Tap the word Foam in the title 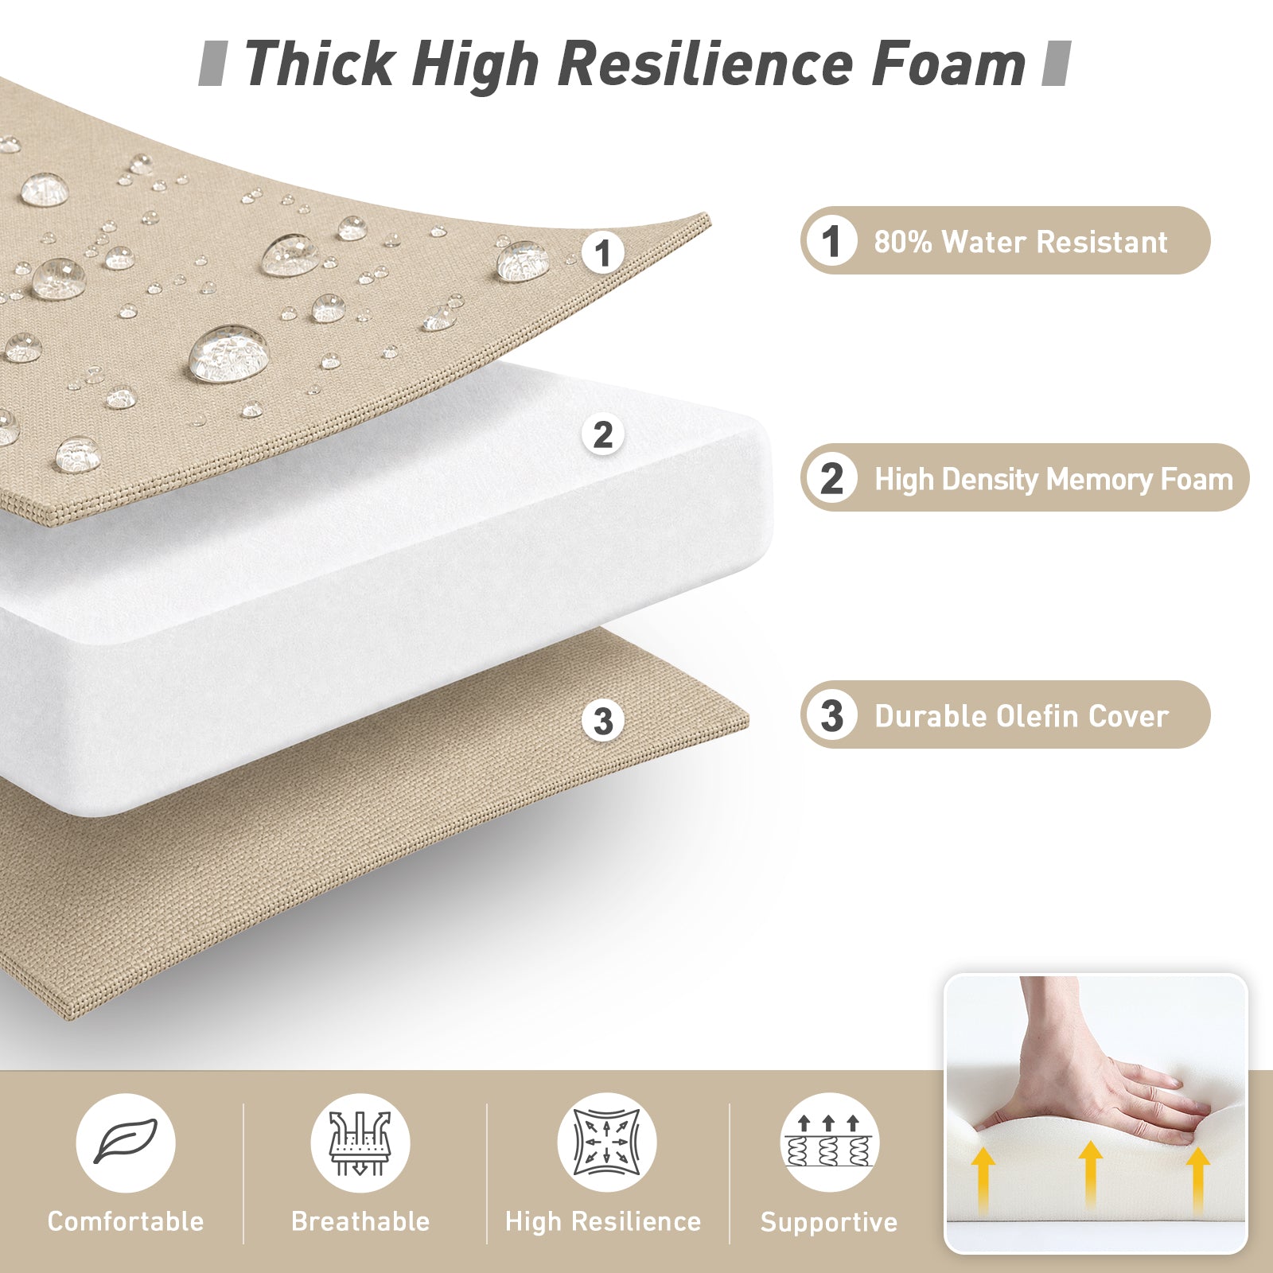(x=948, y=64)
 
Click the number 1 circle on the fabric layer (x=602, y=253)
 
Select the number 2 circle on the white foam (x=603, y=435)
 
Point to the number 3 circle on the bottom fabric (x=603, y=721)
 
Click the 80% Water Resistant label (x=1005, y=241)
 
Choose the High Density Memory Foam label (x=1025, y=477)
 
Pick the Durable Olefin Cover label (x=1005, y=714)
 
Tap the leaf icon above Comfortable (x=126, y=1143)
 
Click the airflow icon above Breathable (x=360, y=1143)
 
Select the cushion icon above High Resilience (x=606, y=1143)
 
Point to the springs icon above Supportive (x=829, y=1143)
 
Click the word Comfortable (x=126, y=1221)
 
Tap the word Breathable (x=360, y=1221)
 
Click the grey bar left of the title (x=212, y=64)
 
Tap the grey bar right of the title (x=1057, y=64)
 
